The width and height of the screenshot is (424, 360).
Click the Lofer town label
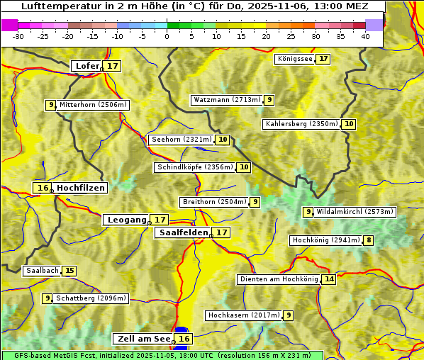click(x=87, y=66)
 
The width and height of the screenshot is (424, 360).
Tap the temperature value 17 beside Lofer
click(x=113, y=66)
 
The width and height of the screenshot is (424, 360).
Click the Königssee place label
click(x=295, y=59)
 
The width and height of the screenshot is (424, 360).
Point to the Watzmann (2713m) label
click(x=227, y=100)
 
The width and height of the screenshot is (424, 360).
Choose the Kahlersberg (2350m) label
click(x=301, y=124)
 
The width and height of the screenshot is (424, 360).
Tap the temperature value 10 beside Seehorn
click(x=223, y=140)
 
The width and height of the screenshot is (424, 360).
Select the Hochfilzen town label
click(x=81, y=188)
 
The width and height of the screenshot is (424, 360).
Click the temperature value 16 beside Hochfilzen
click(x=43, y=188)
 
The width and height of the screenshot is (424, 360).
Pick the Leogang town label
click(x=127, y=220)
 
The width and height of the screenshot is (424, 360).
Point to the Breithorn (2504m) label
click(x=214, y=202)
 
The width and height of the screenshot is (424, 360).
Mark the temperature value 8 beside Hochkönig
click(x=368, y=240)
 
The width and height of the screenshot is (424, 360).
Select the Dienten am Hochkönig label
click(x=279, y=279)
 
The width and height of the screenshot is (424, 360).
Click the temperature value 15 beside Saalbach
click(x=69, y=271)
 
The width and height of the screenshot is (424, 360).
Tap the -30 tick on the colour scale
click(x=18, y=36)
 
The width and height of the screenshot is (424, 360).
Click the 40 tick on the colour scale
click(x=365, y=36)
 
